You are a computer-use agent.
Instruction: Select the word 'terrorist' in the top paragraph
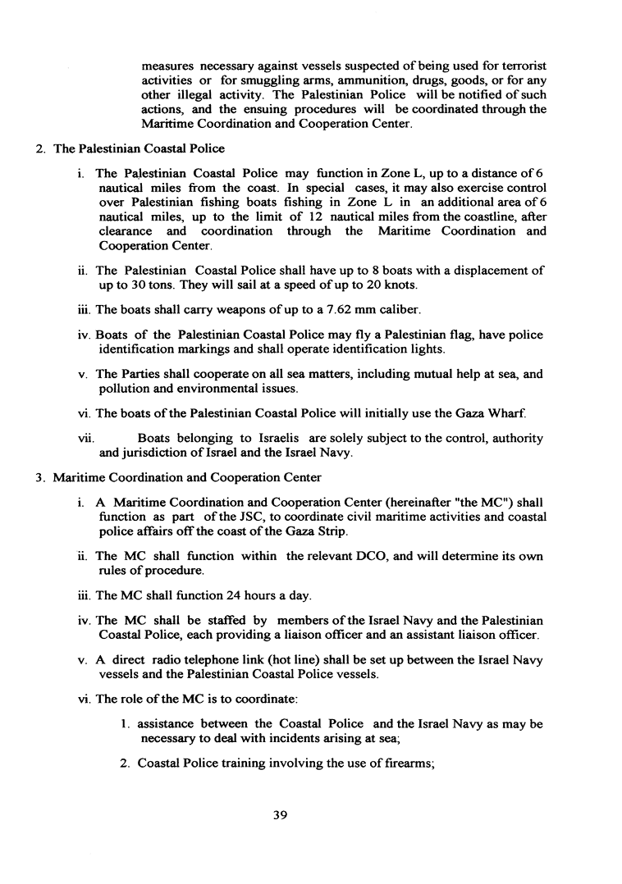(520, 65)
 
